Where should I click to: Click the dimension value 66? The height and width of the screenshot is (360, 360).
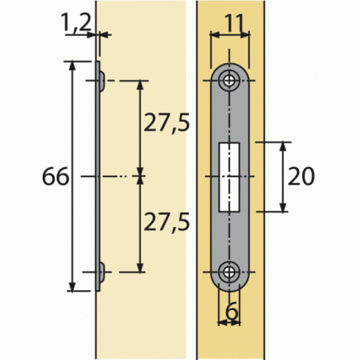point(55,177)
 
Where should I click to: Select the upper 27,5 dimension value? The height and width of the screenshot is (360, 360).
point(166,123)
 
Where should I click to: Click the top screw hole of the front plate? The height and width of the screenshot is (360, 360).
point(229,81)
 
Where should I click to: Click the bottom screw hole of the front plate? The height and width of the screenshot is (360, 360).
point(229,272)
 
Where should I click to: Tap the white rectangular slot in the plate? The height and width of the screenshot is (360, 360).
point(229,177)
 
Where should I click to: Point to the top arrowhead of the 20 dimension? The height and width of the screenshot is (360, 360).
point(283,146)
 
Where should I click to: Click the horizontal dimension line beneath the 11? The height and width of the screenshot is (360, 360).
point(229,35)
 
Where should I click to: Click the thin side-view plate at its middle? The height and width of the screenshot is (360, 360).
point(98,177)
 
